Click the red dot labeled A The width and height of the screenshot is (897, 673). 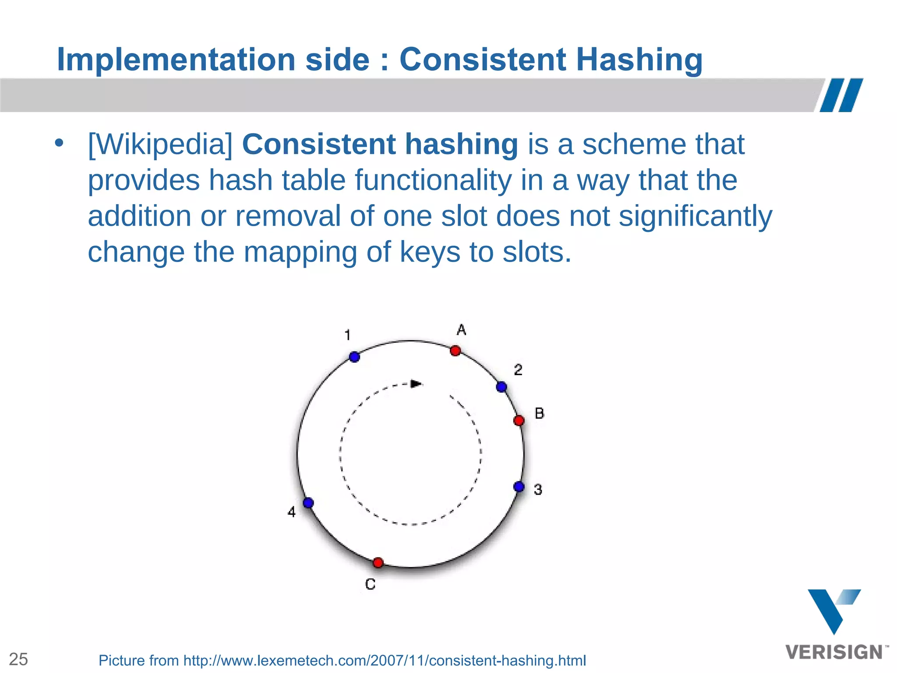point(456,351)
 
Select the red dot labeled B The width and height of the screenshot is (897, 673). point(519,421)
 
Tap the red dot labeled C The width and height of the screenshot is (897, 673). point(378,563)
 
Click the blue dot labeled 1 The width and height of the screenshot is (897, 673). point(355,357)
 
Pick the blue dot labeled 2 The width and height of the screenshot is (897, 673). point(501,387)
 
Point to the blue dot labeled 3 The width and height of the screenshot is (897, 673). point(519,487)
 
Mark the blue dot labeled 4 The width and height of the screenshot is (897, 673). point(308,503)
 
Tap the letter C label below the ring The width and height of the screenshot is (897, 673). point(370,584)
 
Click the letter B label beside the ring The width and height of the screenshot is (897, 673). point(540,413)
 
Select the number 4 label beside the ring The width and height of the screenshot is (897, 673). point(292,512)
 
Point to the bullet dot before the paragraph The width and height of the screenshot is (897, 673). point(59,143)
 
